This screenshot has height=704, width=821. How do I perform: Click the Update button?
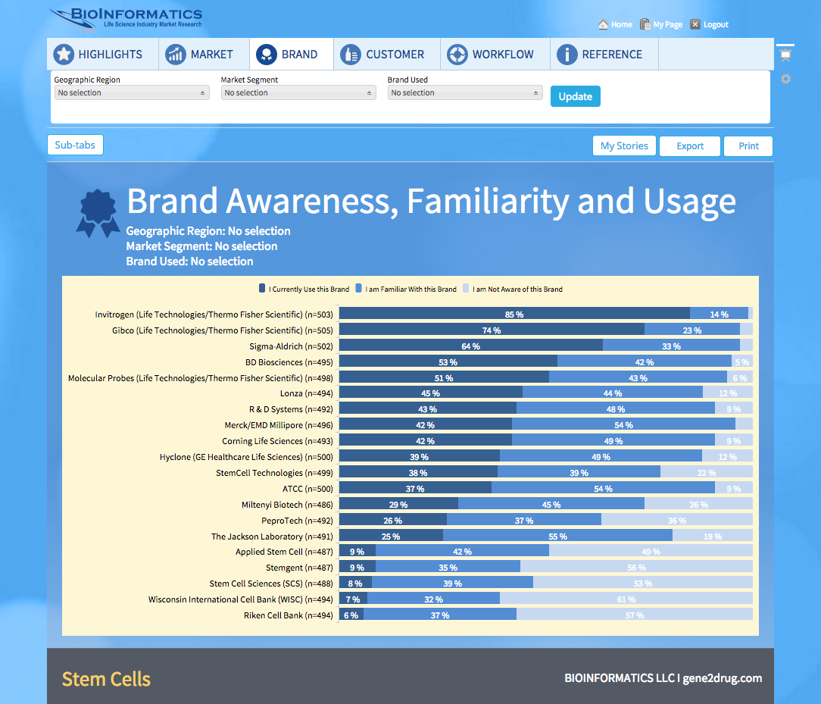[575, 96]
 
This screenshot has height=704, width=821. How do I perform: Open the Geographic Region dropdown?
[132, 92]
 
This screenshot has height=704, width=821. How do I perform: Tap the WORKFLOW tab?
[495, 55]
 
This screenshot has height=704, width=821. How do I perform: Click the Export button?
[690, 146]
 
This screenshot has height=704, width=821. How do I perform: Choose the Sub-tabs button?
[75, 145]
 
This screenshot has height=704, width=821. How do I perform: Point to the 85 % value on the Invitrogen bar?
[514, 314]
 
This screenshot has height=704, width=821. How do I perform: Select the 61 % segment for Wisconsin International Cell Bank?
[626, 599]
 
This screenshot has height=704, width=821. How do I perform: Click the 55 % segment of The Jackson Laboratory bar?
[557, 537]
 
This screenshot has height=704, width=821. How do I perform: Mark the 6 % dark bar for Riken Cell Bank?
[351, 615]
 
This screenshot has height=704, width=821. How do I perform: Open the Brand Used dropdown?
[465, 92]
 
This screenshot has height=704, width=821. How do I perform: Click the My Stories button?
[624, 146]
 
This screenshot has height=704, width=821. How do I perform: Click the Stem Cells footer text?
[106, 679]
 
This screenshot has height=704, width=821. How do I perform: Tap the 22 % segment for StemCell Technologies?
[706, 473]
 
